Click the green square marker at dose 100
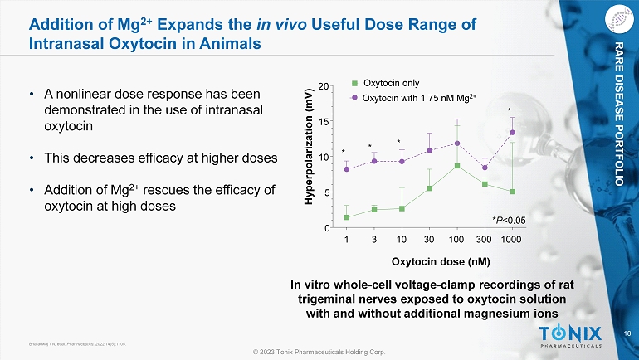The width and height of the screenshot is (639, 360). pos(456,166)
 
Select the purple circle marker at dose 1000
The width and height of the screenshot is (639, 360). pos(512,133)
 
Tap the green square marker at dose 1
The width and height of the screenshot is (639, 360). pos(346,217)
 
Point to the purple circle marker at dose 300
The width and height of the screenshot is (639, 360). pos(485,168)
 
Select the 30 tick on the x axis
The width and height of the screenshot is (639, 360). pos(429,240)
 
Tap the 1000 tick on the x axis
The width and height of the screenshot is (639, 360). pos(513,240)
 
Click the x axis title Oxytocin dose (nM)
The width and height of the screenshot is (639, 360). pos(429,261)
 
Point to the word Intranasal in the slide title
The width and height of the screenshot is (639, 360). pos(66,41)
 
